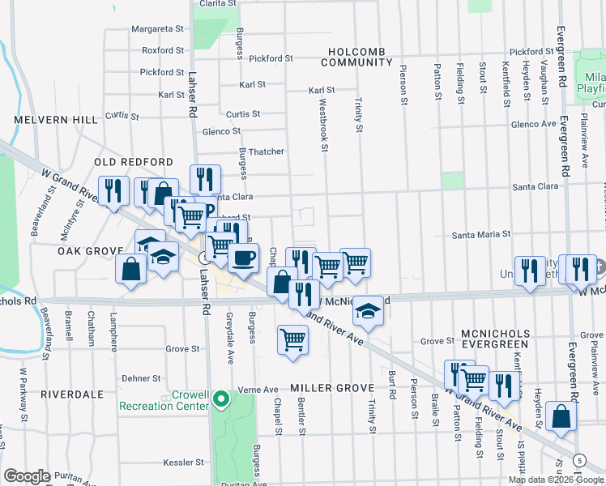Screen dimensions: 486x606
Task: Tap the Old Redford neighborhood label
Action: [123, 162]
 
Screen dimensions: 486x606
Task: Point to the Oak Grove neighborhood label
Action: [89, 251]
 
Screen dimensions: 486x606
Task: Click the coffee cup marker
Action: [243, 258]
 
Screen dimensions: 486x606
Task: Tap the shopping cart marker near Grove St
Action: [292, 339]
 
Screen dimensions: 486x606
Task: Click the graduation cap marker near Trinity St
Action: [368, 311]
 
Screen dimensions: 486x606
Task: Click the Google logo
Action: [28, 476]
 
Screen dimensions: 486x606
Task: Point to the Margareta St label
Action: [158, 28]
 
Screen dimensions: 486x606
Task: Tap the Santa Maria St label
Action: [481, 233]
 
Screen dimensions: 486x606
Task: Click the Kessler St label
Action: [181, 462]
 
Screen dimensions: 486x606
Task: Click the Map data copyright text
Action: [556, 479]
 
